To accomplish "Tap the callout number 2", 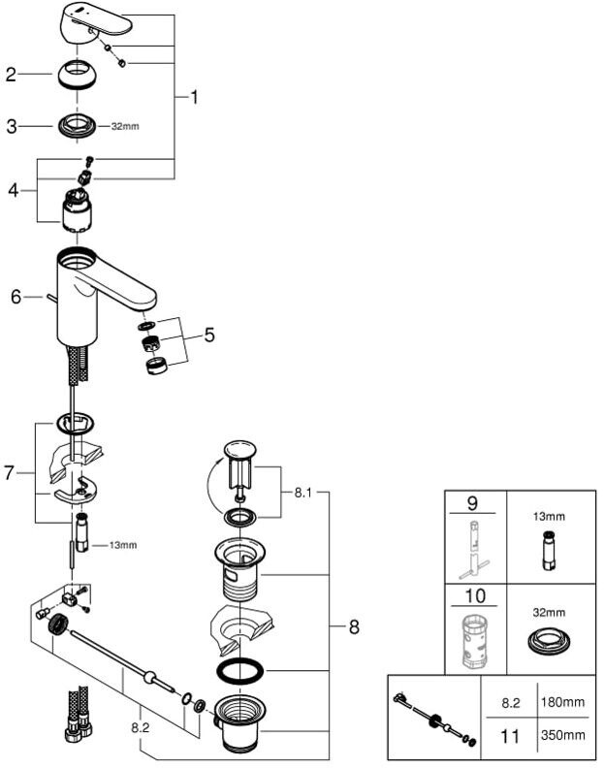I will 12,74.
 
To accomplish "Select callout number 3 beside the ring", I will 12,126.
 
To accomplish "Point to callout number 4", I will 13,190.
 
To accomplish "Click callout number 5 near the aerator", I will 208,336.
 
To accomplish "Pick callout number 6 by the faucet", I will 16,297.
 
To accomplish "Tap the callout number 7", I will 11,473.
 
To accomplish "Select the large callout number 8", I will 353,627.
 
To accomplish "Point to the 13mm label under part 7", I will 122,545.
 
